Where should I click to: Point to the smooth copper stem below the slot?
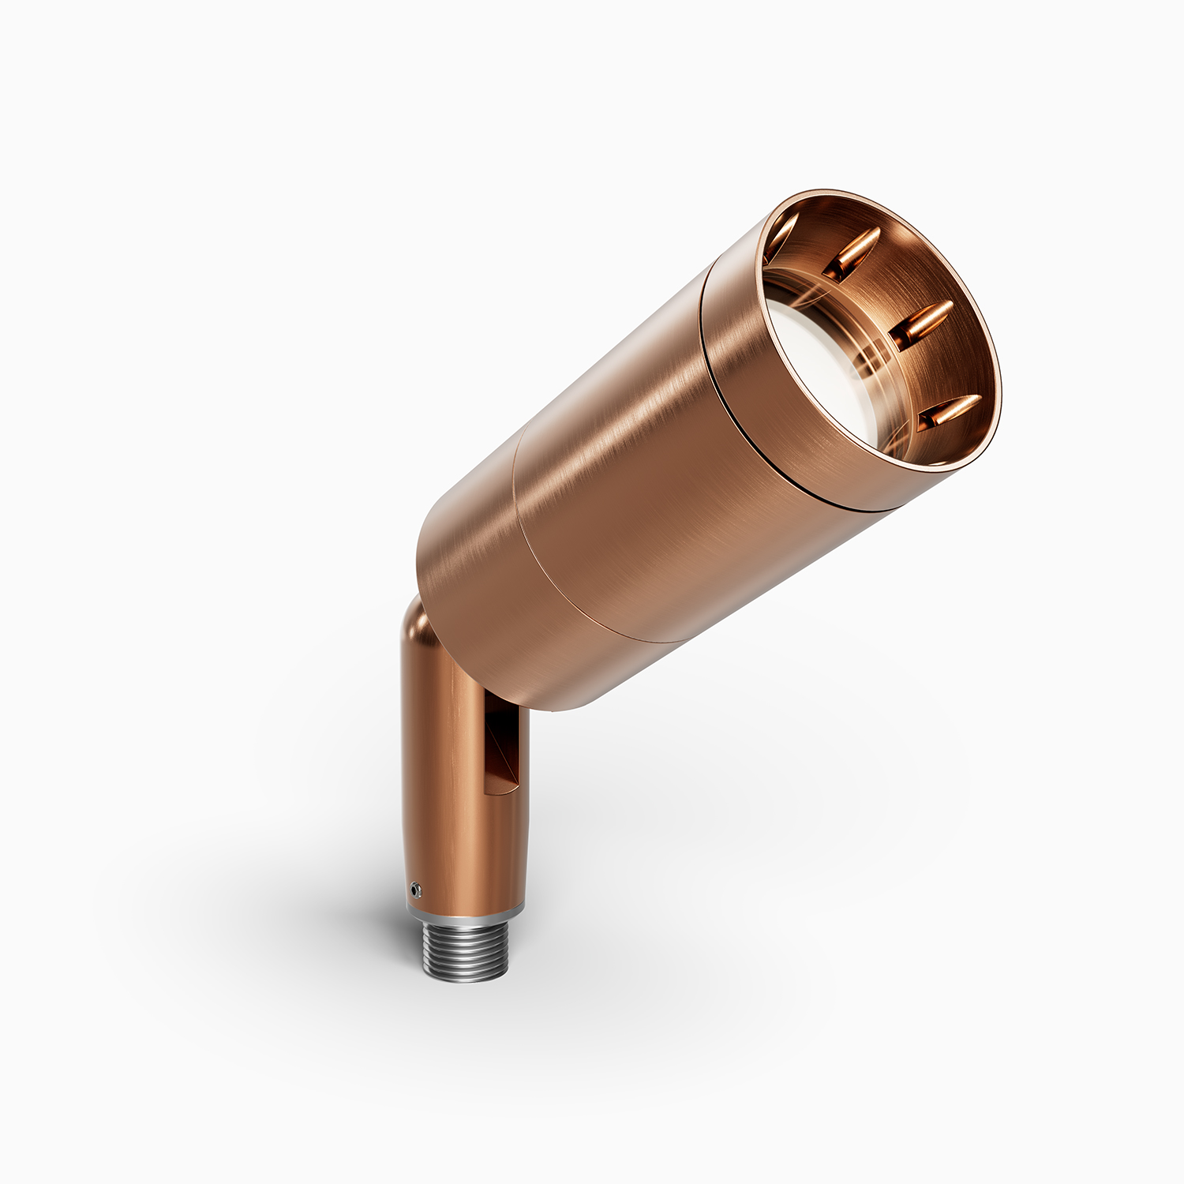pyautogui.click(x=466, y=845)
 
